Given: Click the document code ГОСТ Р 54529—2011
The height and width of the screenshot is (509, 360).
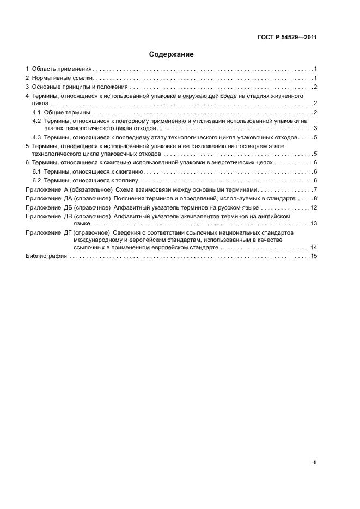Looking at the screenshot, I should [286, 38].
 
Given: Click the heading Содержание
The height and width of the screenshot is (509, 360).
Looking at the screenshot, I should [171, 54].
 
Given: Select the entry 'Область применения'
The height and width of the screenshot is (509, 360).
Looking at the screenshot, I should [62, 69].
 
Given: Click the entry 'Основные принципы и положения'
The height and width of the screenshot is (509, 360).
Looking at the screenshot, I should [79, 87].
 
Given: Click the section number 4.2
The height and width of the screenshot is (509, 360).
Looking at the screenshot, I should [36, 121].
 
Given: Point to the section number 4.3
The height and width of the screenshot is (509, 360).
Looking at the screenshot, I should [36, 137].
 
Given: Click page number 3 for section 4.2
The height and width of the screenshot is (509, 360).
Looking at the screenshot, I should [315, 128].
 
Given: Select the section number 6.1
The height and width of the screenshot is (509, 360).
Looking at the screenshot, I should [36, 171].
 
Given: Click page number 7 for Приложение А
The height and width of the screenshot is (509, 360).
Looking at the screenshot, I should [315, 189].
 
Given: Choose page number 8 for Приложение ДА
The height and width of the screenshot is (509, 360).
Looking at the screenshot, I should [315, 198].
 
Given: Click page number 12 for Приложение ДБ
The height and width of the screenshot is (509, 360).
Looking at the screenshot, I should [314, 207].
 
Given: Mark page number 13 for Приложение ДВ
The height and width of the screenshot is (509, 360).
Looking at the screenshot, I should [314, 223].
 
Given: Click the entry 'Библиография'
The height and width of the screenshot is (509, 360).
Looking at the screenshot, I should [46, 256].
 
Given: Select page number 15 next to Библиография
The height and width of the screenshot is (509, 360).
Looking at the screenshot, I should [314, 256].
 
